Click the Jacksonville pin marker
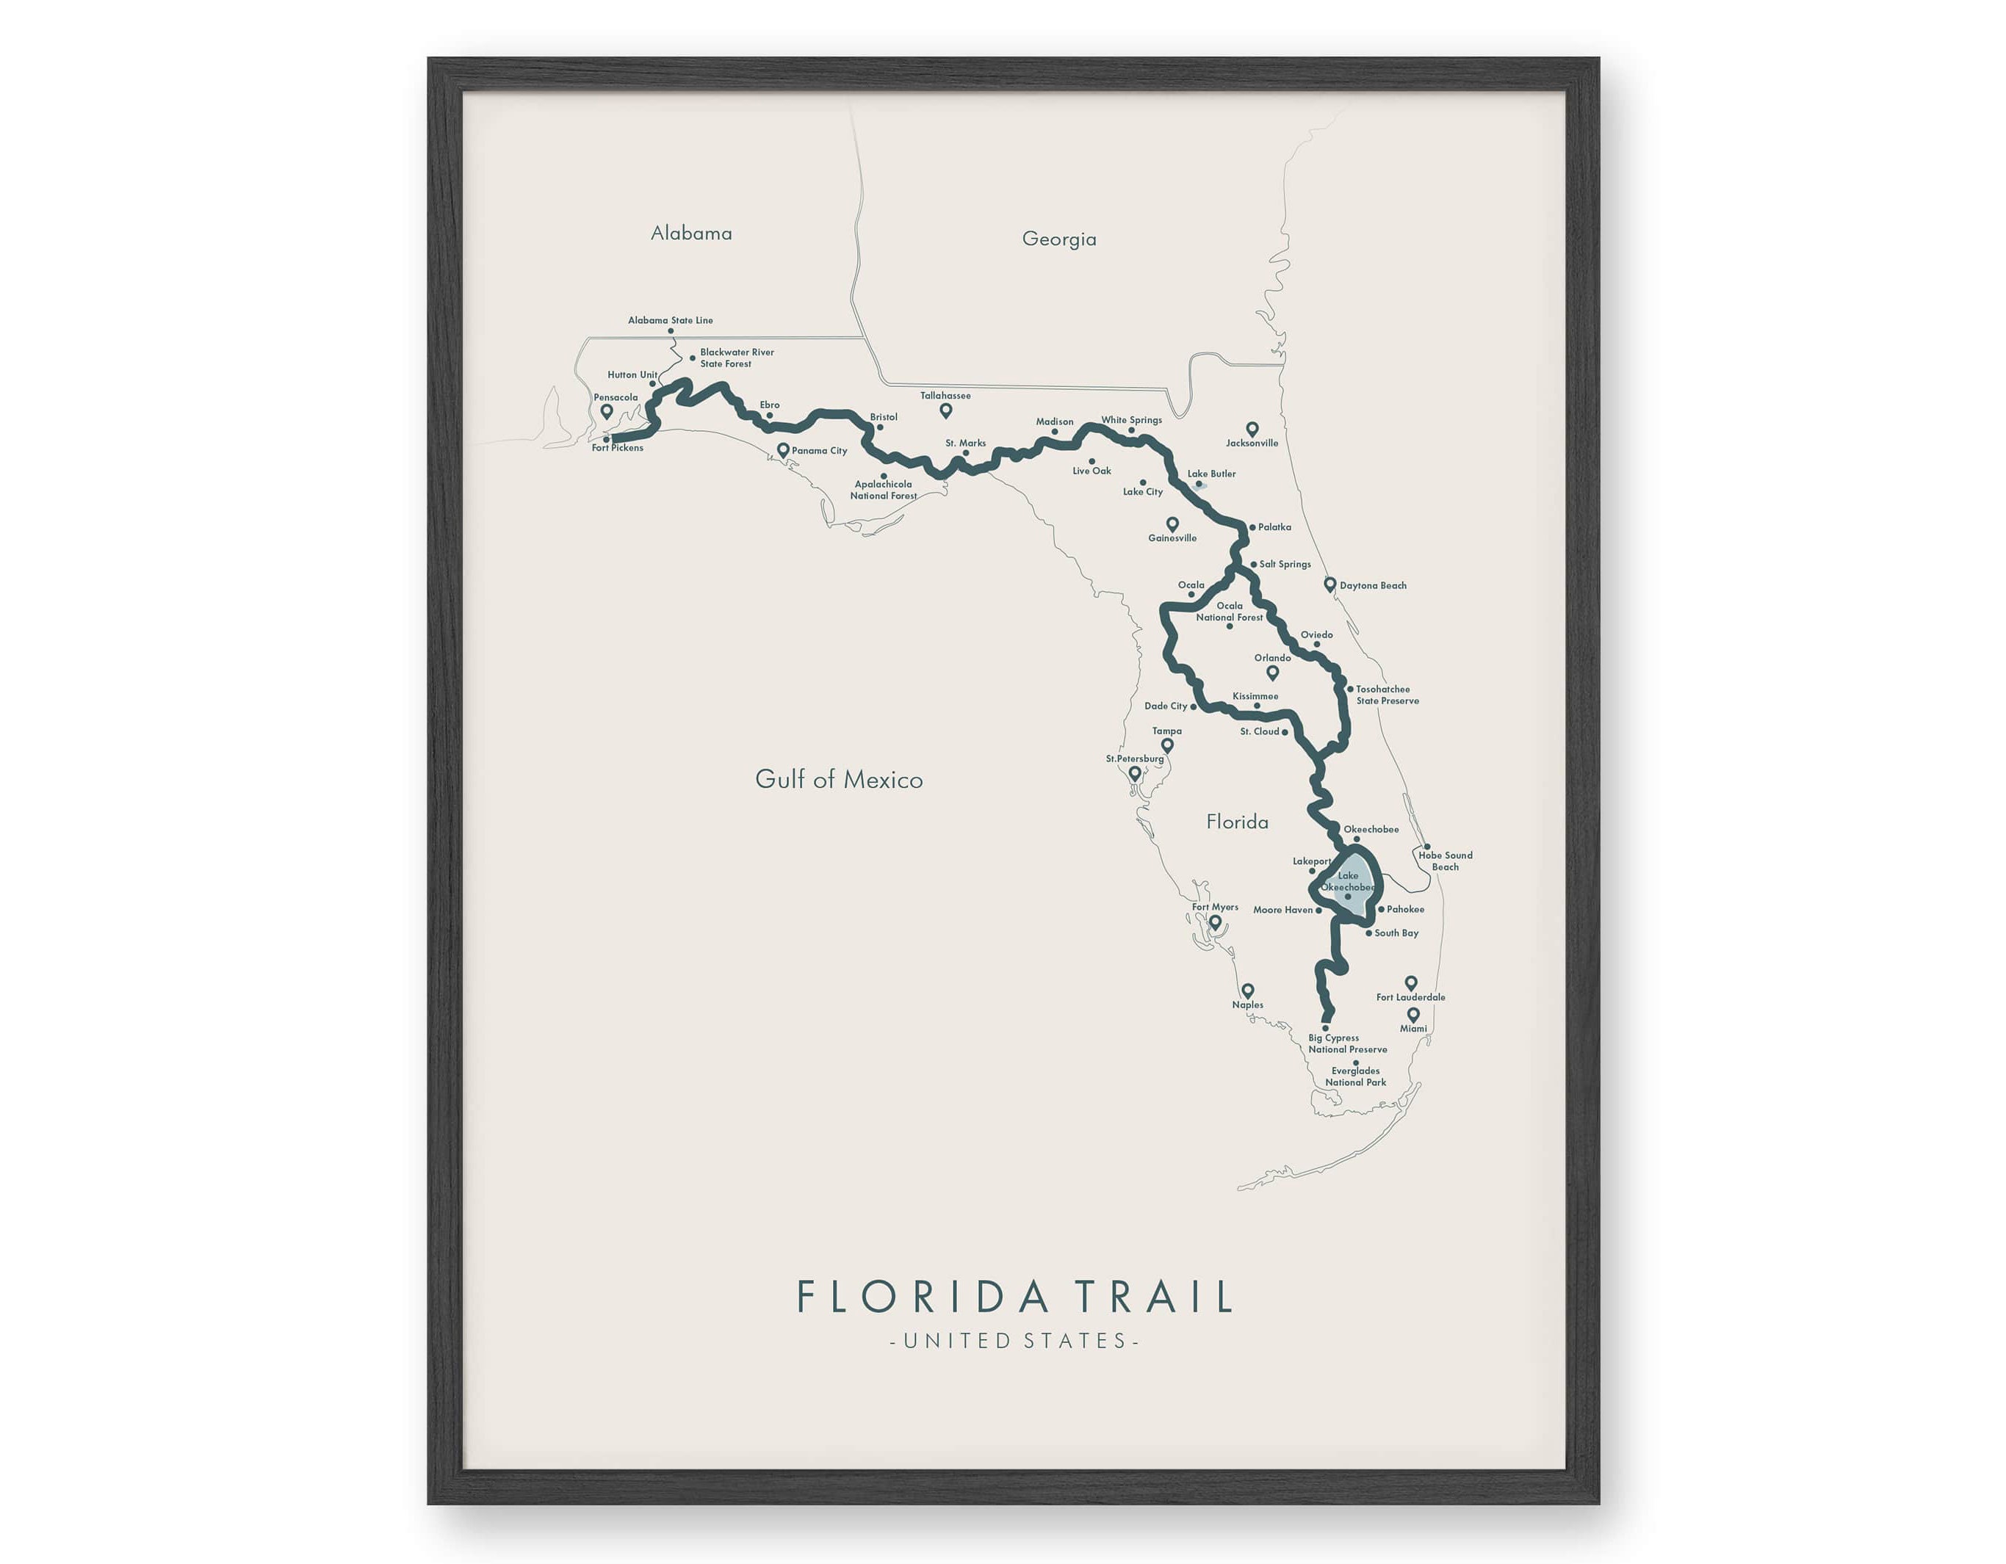1252,429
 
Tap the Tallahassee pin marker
945,410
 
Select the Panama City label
819,451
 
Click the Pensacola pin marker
606,410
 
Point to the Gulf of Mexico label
839,780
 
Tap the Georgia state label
1059,239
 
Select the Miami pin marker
1413,1015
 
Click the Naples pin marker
1247,991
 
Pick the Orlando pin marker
1272,673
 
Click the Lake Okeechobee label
1347,882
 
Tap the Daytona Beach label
1372,586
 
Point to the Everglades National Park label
1356,1076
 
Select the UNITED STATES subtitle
1014,1341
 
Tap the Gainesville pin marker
1172,524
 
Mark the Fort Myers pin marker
1215,922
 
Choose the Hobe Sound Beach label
1445,861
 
